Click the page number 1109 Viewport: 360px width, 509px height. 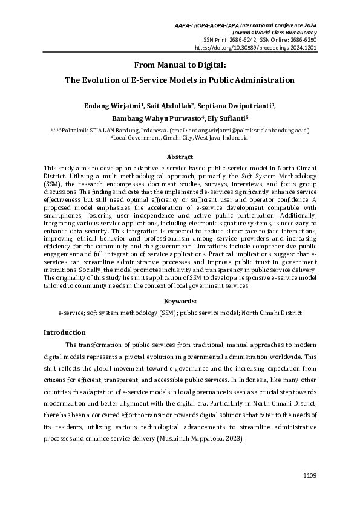coord(309,476)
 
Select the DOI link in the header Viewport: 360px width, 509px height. coord(255,47)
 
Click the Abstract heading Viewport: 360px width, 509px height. coord(180,156)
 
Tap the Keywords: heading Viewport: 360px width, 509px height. coord(180,301)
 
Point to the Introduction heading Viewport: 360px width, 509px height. coord(65,332)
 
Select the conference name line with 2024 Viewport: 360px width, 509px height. coord(245,25)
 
